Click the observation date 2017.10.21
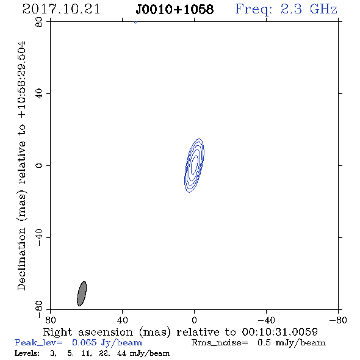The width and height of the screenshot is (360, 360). pos(61,9)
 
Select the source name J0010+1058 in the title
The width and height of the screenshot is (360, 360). pos(175,10)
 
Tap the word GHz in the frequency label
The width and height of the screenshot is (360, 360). pos(323,9)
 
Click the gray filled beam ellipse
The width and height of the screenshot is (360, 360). pos(82,293)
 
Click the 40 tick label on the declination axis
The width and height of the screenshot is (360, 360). pos(39,94)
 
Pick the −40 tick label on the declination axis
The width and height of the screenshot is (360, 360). pos(39,237)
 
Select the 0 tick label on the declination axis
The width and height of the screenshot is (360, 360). pos(39,165)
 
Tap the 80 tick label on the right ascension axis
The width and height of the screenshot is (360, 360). pos(50,320)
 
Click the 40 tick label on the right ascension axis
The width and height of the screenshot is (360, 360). pos(123,320)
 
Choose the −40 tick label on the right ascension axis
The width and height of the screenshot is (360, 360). pos(266,320)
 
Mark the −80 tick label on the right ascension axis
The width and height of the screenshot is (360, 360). pos(338,320)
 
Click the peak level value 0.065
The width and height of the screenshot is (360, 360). pos(84,342)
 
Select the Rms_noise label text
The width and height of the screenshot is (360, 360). pos(220,343)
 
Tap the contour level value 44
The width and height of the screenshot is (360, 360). pos(121,353)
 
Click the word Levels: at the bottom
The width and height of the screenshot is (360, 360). pos(27,353)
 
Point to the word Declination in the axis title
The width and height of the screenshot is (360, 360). pos(21,259)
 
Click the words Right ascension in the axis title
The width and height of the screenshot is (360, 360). pos(88,332)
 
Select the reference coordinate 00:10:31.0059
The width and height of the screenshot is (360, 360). pos(280,332)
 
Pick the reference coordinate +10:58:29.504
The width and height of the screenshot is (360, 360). pos(22,80)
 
